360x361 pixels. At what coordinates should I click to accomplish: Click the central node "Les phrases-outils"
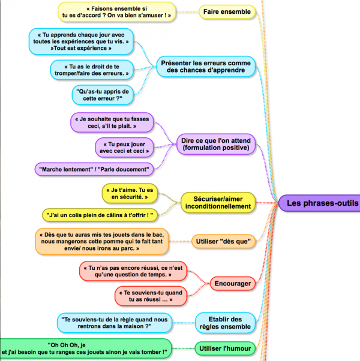coord(320,203)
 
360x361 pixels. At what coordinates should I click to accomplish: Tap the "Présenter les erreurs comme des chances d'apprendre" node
coord(205,65)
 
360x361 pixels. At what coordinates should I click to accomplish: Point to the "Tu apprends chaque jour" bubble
coord(82,40)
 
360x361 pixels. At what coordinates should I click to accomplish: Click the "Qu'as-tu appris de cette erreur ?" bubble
coord(101,94)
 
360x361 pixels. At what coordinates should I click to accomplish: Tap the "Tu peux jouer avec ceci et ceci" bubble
coord(122,147)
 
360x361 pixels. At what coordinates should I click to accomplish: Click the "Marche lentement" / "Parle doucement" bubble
coord(94,169)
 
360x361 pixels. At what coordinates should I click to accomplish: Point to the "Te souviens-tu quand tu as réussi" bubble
coord(146,294)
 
